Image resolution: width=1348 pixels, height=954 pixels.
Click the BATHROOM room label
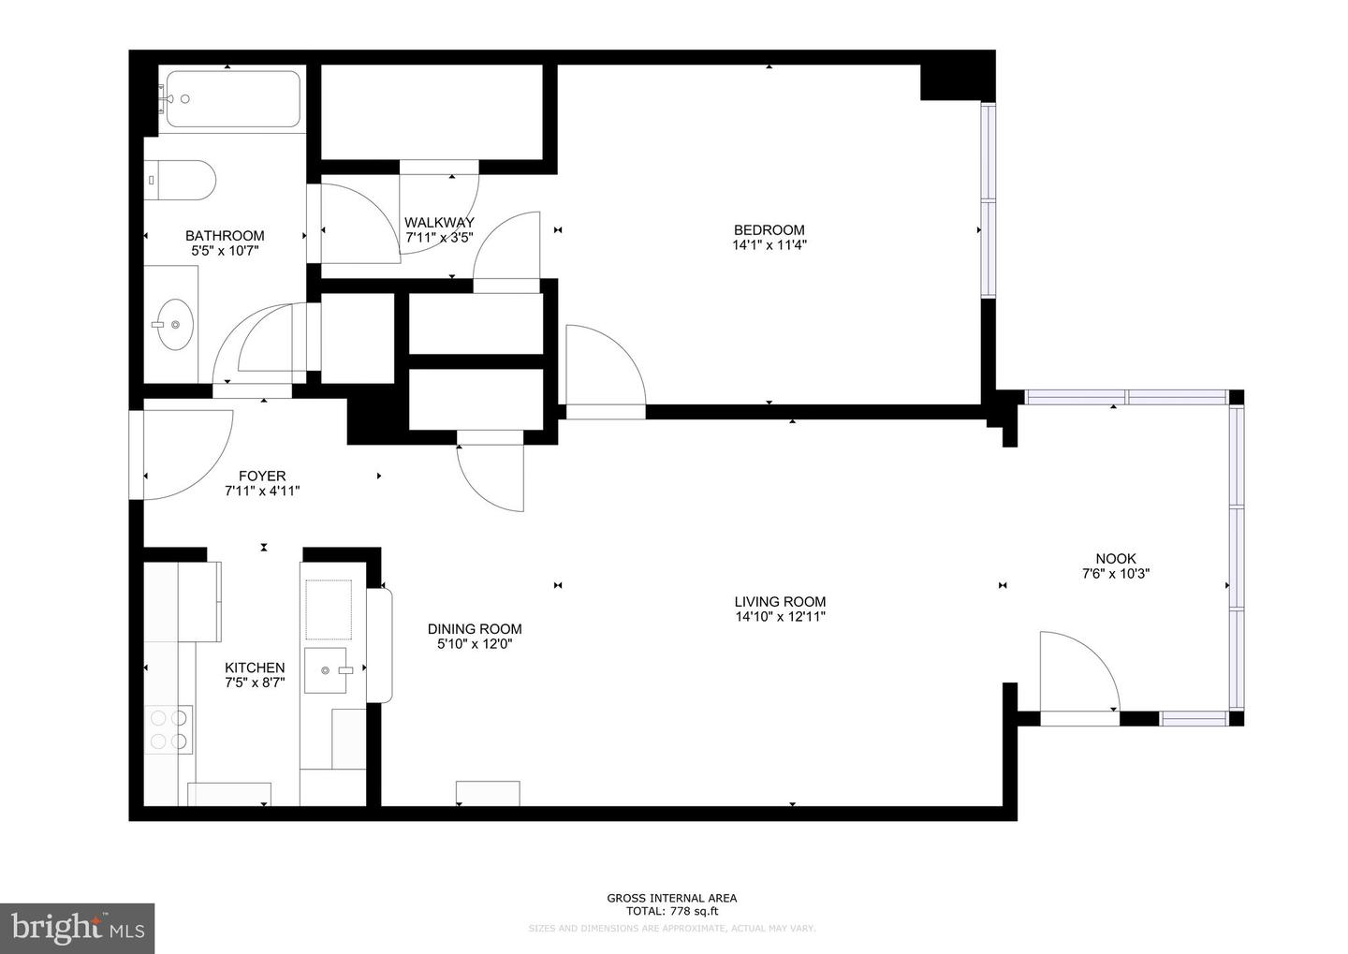point(225,236)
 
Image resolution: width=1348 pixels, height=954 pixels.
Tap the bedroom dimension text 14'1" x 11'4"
point(769,245)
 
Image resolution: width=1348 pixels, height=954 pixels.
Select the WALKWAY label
point(439,223)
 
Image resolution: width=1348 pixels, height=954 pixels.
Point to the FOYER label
point(262,476)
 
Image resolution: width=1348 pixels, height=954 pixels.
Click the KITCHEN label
point(255,668)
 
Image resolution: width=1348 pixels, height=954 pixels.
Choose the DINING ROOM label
point(475,629)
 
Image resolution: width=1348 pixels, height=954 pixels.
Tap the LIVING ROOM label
point(780,602)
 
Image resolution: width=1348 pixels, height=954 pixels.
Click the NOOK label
point(1115,559)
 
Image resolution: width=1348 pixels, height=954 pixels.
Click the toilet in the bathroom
point(182,179)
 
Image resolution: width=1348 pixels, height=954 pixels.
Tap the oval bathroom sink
point(174,324)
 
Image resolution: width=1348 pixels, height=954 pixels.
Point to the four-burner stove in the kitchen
point(168,729)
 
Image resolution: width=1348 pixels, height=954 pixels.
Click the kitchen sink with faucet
point(328,670)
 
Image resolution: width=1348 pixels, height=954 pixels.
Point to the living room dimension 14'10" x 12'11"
point(780,617)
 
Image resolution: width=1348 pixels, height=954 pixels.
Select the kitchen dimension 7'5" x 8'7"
point(255,683)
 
